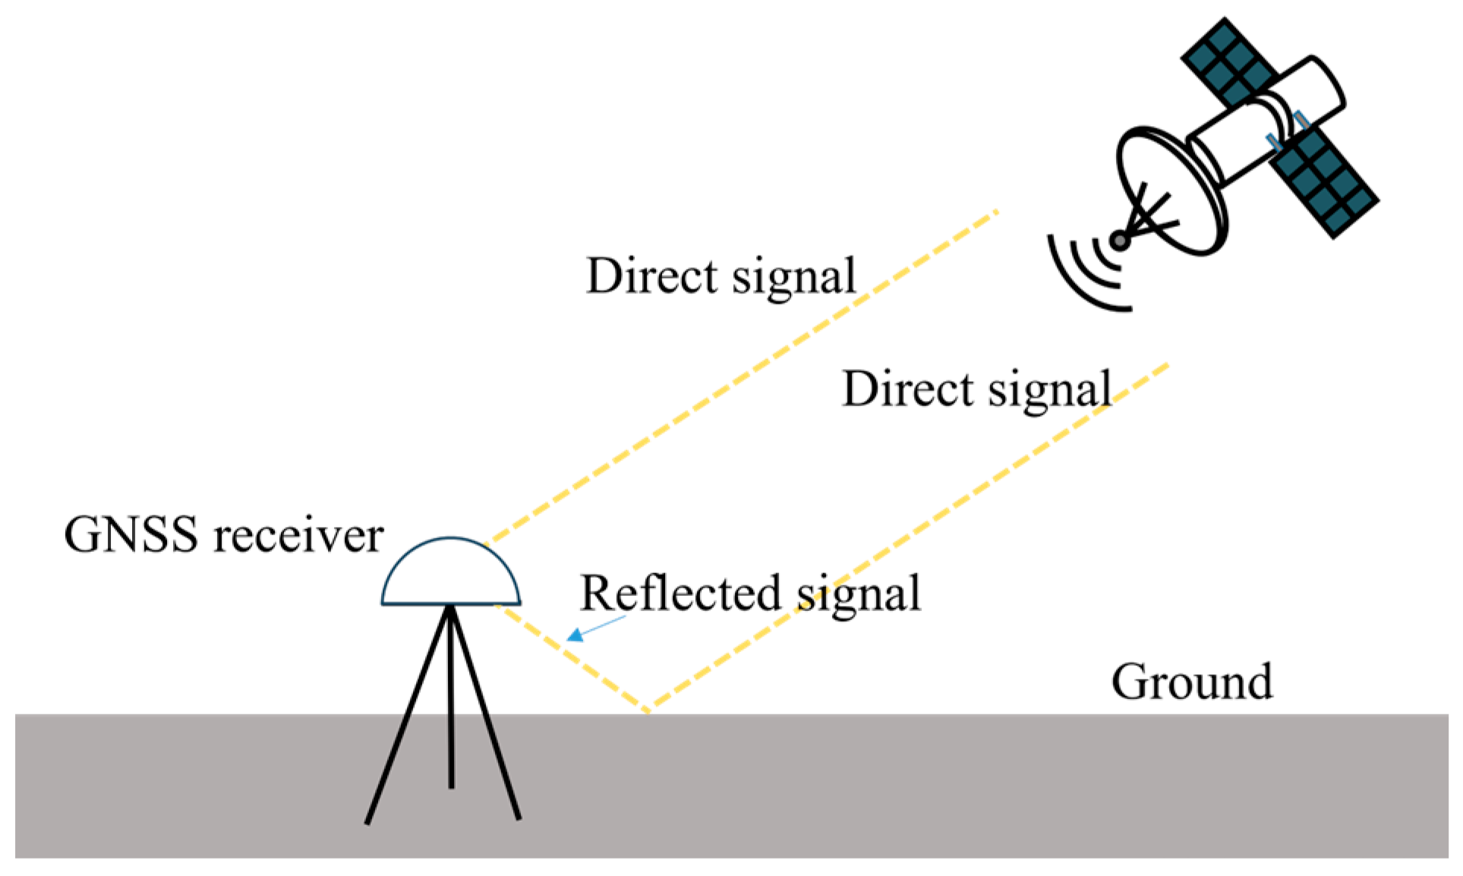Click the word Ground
[x=1191, y=682]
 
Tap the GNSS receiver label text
[x=223, y=536]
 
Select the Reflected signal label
[x=749, y=594]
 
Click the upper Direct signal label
[x=720, y=276]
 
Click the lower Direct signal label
[x=976, y=390]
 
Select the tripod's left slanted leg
[x=406, y=721]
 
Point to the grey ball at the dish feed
[x=1120, y=241]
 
